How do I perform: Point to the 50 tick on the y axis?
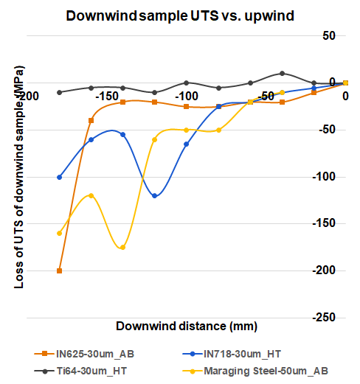tap(330, 36)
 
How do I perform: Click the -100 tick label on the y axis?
tap(327, 177)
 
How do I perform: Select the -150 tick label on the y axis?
tap(327, 224)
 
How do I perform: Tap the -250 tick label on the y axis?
tap(327, 318)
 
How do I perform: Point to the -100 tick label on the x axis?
tap(186, 97)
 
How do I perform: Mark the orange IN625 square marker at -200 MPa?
tap(59, 270)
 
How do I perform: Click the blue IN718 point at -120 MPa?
tap(154, 196)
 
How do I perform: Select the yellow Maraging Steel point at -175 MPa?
tap(122, 247)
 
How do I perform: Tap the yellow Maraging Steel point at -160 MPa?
tap(59, 233)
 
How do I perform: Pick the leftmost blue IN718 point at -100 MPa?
tap(59, 177)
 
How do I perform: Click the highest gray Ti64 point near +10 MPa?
tap(283, 74)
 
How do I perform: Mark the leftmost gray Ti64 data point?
tap(59, 92)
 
